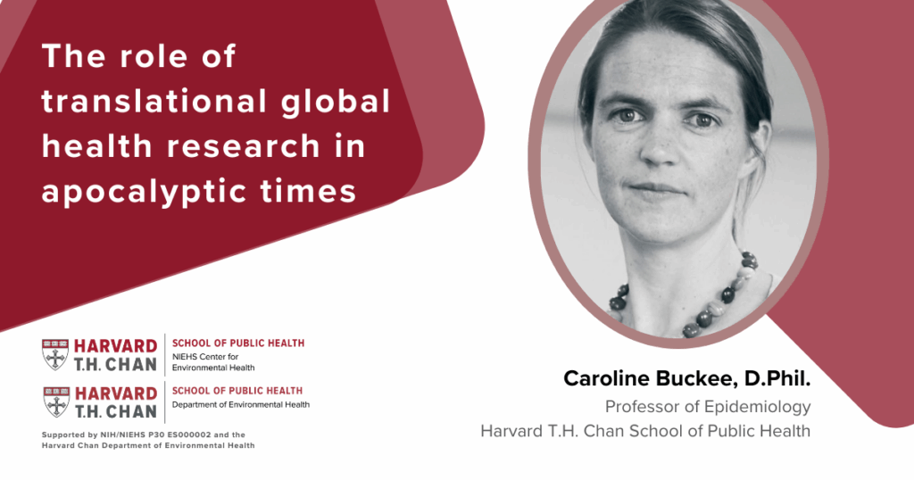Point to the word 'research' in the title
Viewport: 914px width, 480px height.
click(234, 145)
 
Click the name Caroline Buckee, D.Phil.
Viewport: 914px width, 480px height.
click(686, 378)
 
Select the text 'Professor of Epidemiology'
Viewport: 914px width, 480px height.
click(708, 407)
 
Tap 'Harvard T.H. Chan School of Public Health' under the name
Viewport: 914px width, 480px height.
click(645, 431)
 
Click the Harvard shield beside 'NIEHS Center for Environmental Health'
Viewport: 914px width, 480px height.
click(55, 354)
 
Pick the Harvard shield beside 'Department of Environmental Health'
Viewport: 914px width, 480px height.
click(55, 401)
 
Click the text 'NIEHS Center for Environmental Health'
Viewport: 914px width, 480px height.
click(213, 361)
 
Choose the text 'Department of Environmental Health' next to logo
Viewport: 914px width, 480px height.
click(240, 404)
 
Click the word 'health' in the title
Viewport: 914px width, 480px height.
click(91, 145)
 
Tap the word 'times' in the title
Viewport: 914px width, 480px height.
click(313, 190)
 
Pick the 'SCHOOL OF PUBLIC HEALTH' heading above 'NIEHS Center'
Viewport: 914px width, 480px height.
click(237, 343)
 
